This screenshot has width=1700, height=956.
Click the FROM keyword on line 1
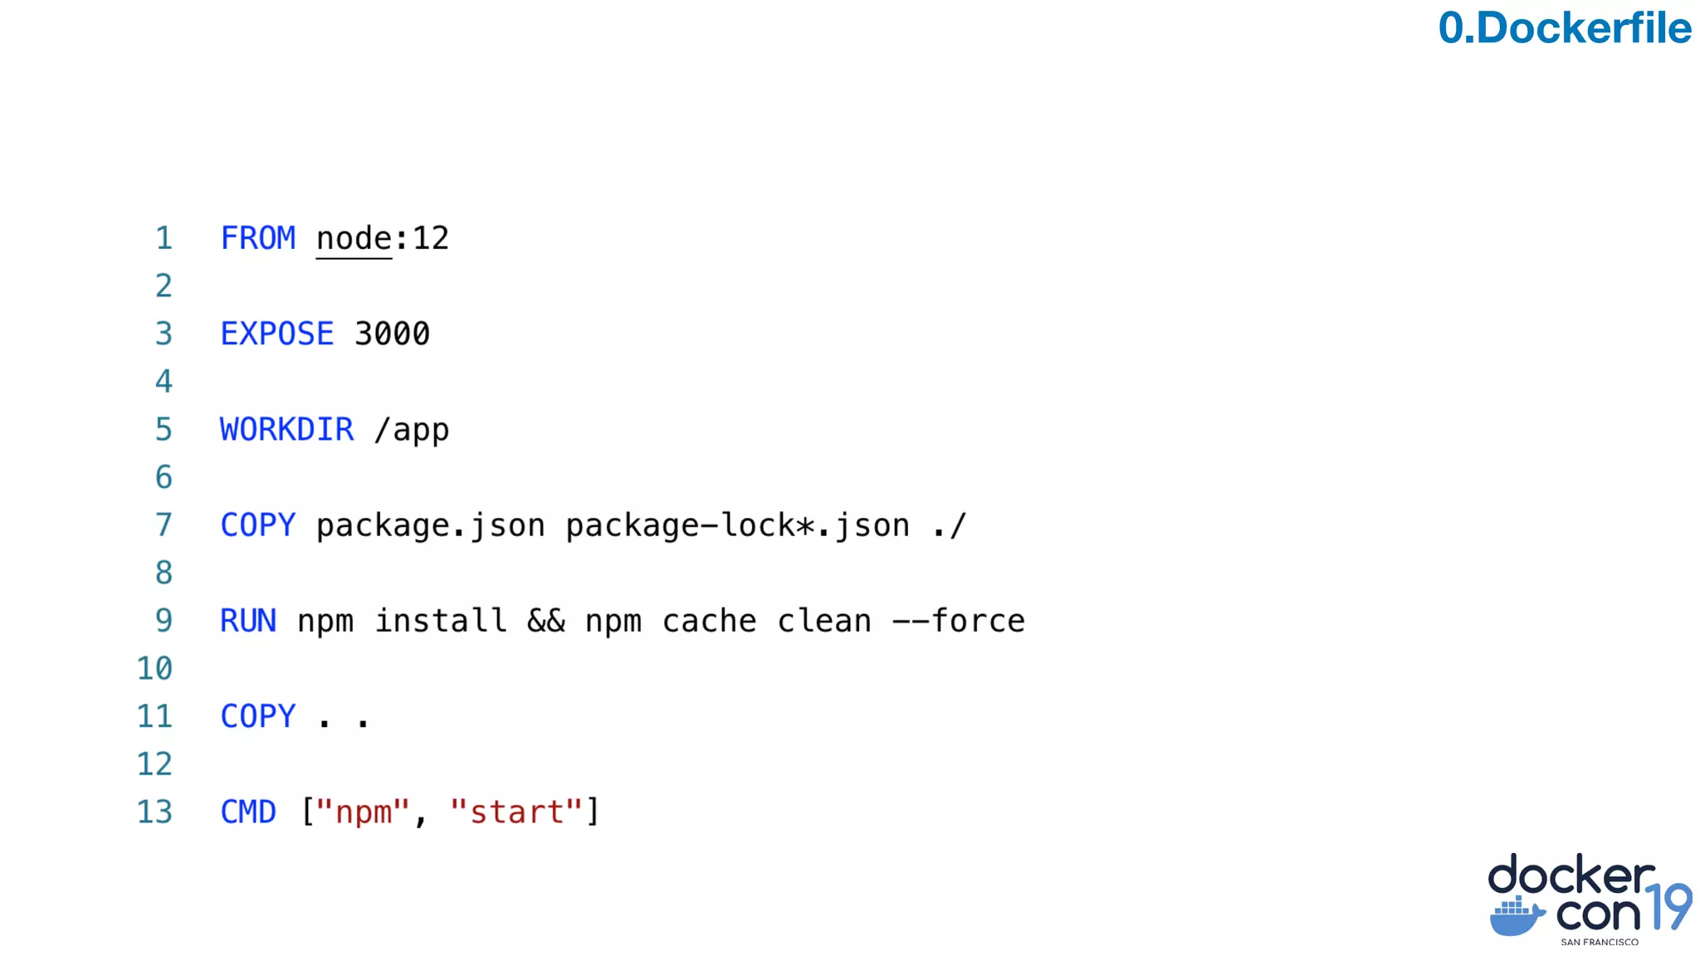click(257, 239)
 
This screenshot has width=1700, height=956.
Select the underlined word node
click(354, 239)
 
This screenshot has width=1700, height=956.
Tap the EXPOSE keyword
click(276, 334)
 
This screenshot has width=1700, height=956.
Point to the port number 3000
click(392, 334)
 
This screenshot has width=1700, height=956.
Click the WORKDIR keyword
click(286, 430)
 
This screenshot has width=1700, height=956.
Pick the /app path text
click(412, 430)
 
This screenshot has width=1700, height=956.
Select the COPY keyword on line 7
click(257, 525)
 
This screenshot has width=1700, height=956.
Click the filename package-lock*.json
click(737, 525)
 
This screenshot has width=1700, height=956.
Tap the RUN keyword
click(247, 621)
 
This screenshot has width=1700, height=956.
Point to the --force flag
click(958, 621)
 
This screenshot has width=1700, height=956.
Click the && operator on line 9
click(546, 621)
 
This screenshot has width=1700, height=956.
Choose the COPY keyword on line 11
click(257, 716)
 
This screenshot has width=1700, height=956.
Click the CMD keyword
click(247, 812)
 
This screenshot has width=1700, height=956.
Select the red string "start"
click(516, 812)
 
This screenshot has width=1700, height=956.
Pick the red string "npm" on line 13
click(363, 812)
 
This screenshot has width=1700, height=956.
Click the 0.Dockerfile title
click(1564, 28)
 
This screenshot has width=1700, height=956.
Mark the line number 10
click(154, 669)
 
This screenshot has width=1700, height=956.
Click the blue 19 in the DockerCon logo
click(1668, 906)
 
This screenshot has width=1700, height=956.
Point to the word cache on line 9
click(709, 621)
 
